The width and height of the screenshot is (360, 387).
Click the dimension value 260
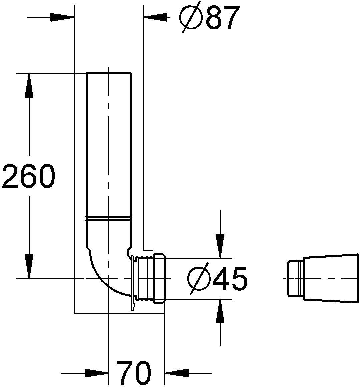[x=28, y=176]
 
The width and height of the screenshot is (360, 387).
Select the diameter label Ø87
[x=209, y=17]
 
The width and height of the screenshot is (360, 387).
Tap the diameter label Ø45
[x=217, y=278]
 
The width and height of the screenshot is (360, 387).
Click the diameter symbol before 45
[x=199, y=278]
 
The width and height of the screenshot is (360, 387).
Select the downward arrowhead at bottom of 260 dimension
[x=29, y=266]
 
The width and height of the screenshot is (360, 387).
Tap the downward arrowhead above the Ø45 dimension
[x=220, y=246]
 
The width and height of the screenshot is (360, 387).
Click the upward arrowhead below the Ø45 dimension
[x=220, y=312]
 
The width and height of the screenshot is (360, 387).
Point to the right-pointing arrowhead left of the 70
[x=97, y=373]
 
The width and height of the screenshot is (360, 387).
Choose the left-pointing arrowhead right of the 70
[x=177, y=373]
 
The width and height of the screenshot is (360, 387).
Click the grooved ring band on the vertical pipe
[x=109, y=219]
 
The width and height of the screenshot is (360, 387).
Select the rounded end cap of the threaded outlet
[x=159, y=278]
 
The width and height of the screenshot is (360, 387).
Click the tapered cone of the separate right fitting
[x=330, y=278]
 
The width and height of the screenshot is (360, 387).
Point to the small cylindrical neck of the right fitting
[x=295, y=278]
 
